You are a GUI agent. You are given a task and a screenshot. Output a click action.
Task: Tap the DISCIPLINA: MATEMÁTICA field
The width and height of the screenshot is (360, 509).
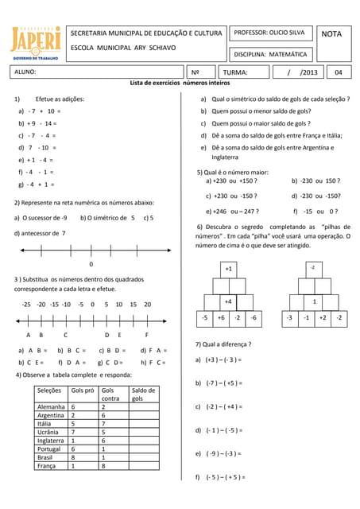click(x=270, y=54)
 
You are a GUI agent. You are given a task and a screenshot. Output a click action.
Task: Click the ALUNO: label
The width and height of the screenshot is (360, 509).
click(x=25, y=73)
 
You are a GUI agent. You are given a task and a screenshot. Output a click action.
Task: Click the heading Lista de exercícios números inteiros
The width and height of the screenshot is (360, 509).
click(x=180, y=83)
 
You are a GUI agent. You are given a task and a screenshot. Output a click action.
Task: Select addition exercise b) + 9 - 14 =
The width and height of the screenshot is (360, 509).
click(x=38, y=123)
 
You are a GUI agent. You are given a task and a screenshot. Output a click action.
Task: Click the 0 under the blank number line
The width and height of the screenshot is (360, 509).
click(x=91, y=264)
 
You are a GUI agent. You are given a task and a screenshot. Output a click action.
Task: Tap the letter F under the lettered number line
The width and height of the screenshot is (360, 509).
click(x=146, y=335)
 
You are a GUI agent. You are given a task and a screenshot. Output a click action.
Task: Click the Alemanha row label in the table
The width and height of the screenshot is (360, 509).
click(x=52, y=406)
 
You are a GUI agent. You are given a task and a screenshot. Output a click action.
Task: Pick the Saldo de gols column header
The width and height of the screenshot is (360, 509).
click(x=143, y=394)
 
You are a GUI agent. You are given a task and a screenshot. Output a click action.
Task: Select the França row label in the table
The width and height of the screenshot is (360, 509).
click(x=49, y=466)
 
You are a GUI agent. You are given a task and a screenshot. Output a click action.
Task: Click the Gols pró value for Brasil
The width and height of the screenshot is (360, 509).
click(x=73, y=457)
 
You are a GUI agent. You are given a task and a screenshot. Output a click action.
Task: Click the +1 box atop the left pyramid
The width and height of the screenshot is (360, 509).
click(x=229, y=269)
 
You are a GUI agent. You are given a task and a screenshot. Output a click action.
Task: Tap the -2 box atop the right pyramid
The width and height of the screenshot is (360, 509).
click(x=312, y=269)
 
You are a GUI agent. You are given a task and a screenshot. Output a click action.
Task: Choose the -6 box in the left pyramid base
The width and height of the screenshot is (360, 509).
click(x=254, y=318)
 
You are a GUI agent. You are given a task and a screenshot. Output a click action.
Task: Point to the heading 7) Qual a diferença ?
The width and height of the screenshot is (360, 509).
click(x=223, y=344)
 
